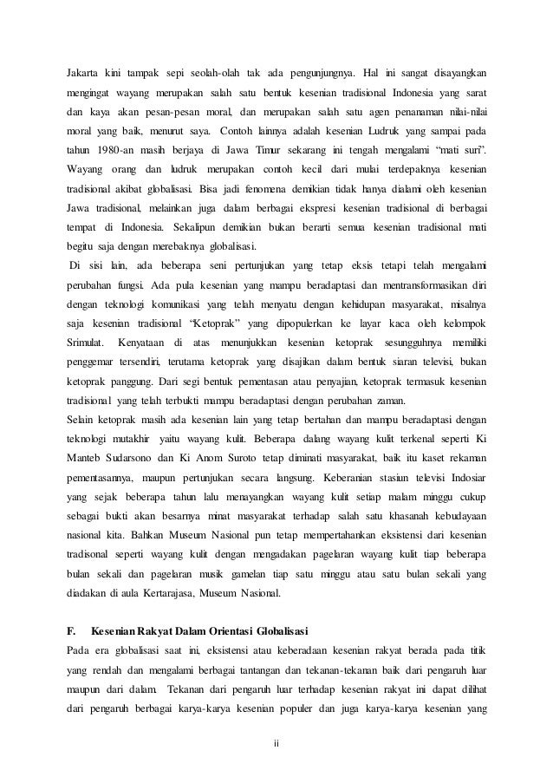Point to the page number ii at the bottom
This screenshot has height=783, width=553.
[x=276, y=742]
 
